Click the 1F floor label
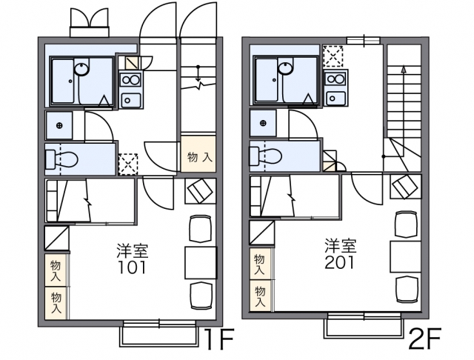tap(219, 339)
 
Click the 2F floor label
tap(424, 339)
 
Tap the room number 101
tap(132, 267)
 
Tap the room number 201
tap(339, 262)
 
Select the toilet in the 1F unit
tap(61, 159)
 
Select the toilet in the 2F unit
tap(266, 156)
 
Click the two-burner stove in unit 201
tap(336, 79)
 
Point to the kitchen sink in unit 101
tap(130, 99)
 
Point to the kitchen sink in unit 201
tap(336, 98)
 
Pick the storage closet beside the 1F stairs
tap(198, 154)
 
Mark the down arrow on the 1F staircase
tap(198, 73)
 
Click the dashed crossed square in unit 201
tap(333, 56)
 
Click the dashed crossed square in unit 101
tap(128, 164)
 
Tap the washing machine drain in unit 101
tap(59, 125)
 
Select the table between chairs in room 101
tap(201, 263)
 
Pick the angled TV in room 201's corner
tap(405, 187)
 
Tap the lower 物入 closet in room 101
tap(56, 303)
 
